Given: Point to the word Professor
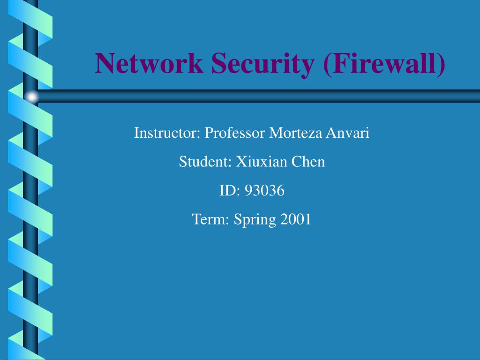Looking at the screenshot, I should click(235, 133).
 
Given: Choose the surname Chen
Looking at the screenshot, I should click(308, 162).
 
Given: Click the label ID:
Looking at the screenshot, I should click(230, 191).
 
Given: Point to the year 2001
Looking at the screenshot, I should click(296, 219).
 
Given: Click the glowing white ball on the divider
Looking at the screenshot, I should click(32, 97).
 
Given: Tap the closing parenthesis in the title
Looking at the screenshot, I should click(441, 64).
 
